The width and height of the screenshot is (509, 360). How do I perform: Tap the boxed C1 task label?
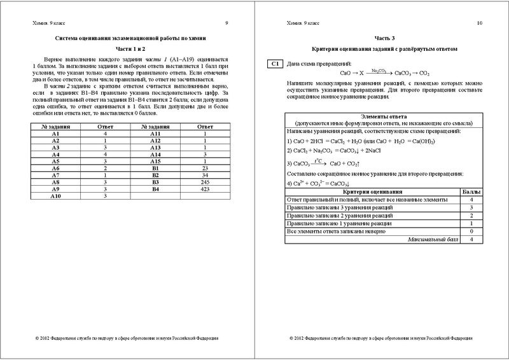(275, 64)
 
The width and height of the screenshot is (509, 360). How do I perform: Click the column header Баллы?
(471, 191)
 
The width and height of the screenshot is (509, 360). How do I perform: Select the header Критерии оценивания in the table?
(368, 191)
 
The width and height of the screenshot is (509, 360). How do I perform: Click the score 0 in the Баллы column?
(471, 231)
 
